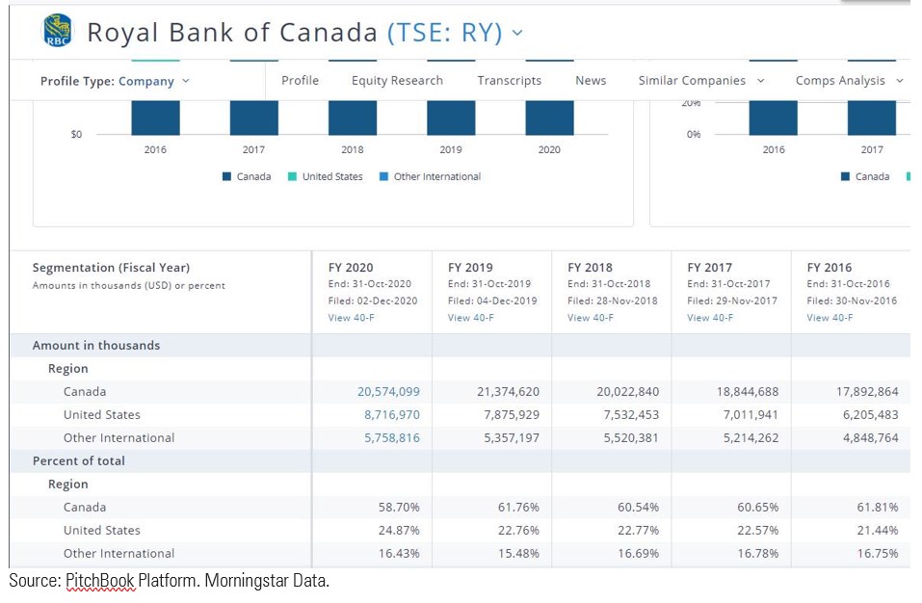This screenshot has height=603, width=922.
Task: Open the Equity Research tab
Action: point(397,81)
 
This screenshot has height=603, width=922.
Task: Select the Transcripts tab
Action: point(509,81)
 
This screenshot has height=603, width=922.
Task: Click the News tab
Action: point(591,81)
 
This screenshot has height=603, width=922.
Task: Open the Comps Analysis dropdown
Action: point(849,81)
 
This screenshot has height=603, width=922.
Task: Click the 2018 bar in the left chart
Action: point(353,117)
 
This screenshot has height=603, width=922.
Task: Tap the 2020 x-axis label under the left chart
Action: point(549,150)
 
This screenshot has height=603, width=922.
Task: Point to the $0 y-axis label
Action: point(76,135)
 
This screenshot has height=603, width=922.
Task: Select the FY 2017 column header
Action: point(709,268)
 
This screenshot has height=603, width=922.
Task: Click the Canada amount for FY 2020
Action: point(388,392)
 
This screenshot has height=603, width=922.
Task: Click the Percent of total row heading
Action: point(79,461)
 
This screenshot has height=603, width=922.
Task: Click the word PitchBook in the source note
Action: point(100,581)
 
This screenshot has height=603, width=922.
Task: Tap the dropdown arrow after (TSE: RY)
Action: point(517,33)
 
